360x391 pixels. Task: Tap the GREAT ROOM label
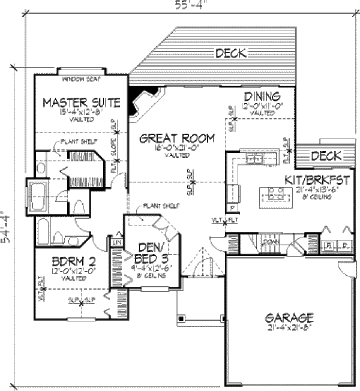[177, 139]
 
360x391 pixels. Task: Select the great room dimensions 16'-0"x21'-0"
[178, 148]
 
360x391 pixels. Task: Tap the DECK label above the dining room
[230, 53]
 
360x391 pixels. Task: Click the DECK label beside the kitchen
[326, 157]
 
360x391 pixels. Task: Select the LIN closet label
[116, 242]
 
